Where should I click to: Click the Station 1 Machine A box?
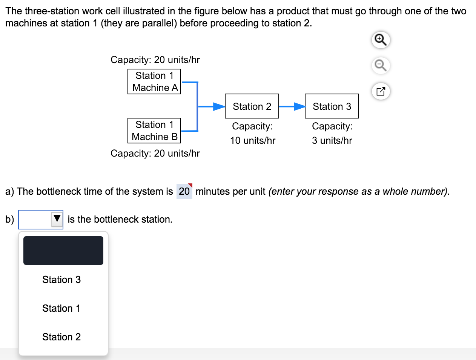click(x=154, y=82)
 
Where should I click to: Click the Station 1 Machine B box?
click(x=154, y=131)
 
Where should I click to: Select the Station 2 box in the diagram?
click(x=252, y=106)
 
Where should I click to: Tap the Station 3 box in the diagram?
click(x=332, y=106)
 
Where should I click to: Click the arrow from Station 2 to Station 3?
click(x=292, y=106)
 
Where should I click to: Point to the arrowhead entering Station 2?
click(x=219, y=106)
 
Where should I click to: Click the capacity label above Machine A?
click(x=155, y=60)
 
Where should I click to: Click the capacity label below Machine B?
click(x=155, y=154)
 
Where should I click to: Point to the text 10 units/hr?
click(x=253, y=141)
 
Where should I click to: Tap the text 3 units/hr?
click(x=332, y=141)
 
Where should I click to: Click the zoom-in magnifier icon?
click(x=381, y=40)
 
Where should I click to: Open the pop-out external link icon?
click(x=381, y=91)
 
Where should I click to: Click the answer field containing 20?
click(x=184, y=192)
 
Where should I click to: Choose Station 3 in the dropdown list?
click(x=61, y=280)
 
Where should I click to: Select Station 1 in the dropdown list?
click(x=61, y=308)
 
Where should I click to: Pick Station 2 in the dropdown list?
click(x=61, y=337)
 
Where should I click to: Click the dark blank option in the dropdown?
click(x=63, y=251)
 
